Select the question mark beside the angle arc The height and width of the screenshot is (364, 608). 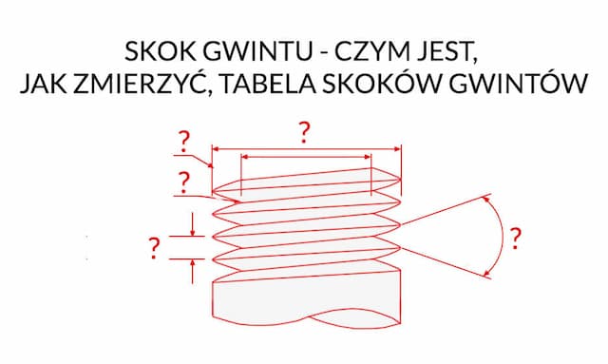[516, 238]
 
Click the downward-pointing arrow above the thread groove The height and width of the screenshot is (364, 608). [194, 226]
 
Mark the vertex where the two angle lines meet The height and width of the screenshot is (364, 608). [403, 225]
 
